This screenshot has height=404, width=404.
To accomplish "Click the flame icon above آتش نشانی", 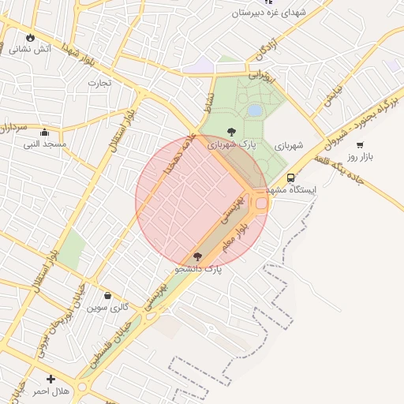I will tap(30, 37).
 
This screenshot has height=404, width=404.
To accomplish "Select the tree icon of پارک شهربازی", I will tap(231, 133).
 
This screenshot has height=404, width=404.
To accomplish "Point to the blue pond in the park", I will tap(255, 110).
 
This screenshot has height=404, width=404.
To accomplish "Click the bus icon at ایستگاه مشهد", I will tap(291, 178).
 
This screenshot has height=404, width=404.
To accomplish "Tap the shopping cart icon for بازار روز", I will tap(361, 144).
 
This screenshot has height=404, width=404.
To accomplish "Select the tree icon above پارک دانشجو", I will tap(197, 256).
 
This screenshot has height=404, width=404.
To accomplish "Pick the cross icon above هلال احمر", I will tap(51, 379).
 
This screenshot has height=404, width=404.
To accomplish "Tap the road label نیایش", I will tap(332, 95).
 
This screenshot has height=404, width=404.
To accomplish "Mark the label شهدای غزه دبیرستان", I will tap(273, 14).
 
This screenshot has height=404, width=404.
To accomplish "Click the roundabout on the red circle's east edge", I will tap(260, 202).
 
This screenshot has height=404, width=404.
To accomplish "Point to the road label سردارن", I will tap(13, 126).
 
